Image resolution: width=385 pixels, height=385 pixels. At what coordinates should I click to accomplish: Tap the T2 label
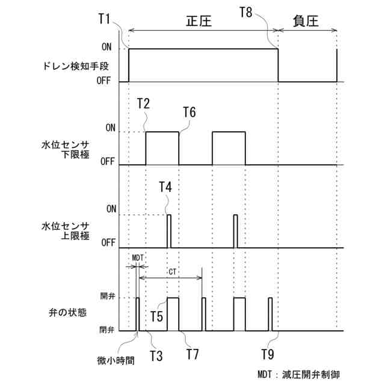coord(143,103)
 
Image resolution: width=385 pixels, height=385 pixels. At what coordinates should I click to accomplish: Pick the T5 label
coord(158,315)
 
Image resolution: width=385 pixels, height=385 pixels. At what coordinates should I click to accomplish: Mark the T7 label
coord(192,354)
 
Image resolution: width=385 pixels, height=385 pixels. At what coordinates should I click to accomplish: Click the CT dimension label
coord(173,272)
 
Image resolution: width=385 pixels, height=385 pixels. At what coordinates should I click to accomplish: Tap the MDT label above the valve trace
coord(138,257)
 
